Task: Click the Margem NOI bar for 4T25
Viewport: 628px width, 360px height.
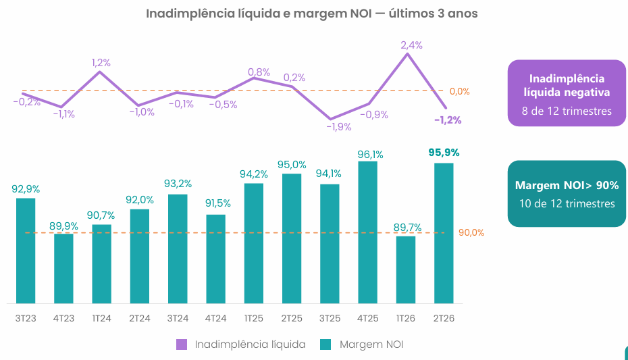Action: tap(367, 232)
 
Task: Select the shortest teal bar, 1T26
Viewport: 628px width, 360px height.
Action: tap(406, 270)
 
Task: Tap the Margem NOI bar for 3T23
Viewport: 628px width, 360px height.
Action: tap(26, 251)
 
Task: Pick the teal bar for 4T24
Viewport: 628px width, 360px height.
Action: tap(216, 259)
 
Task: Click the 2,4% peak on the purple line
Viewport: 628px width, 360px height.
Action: tap(407, 53)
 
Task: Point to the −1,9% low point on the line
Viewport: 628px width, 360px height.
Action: tap(330, 119)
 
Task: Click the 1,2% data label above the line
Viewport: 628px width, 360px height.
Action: tap(101, 63)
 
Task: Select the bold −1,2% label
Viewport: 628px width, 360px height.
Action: tap(448, 120)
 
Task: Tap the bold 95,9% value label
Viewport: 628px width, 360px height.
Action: tap(444, 153)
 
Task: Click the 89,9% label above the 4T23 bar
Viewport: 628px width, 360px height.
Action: tap(63, 226)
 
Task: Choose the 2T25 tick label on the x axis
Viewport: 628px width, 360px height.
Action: tap(292, 318)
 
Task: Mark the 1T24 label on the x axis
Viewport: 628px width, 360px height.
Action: tap(102, 318)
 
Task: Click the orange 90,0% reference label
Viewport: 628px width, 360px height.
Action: tap(471, 232)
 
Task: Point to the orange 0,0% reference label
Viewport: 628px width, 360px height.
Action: tap(459, 91)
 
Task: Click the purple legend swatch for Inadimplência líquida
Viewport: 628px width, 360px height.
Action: tap(182, 344)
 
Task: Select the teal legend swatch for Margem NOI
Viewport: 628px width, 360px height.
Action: tap(325, 344)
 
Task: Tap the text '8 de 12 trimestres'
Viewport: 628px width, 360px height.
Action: tap(567, 111)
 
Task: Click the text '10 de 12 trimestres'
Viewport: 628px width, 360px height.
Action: tap(567, 203)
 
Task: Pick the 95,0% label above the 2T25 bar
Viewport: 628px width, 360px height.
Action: tap(292, 165)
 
